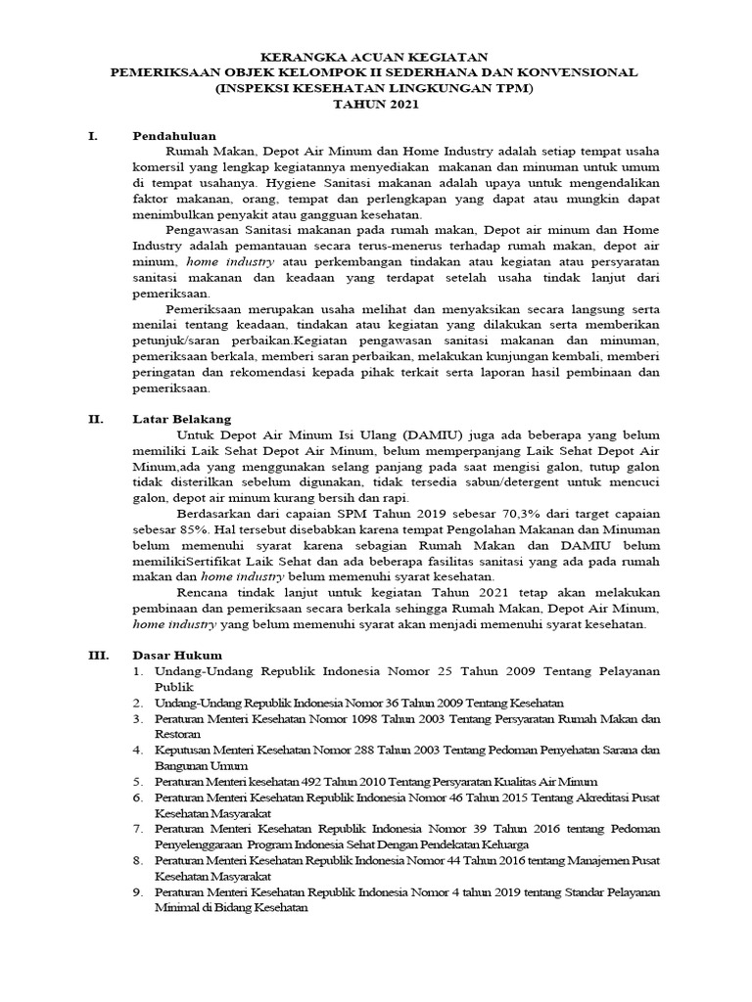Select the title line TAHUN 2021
tap(376, 104)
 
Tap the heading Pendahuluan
tap(174, 136)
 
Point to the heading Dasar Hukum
tap(177, 655)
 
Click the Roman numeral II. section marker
tap(96, 419)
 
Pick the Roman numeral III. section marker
tap(99, 655)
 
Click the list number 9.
tap(139, 891)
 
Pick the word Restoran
tap(177, 733)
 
